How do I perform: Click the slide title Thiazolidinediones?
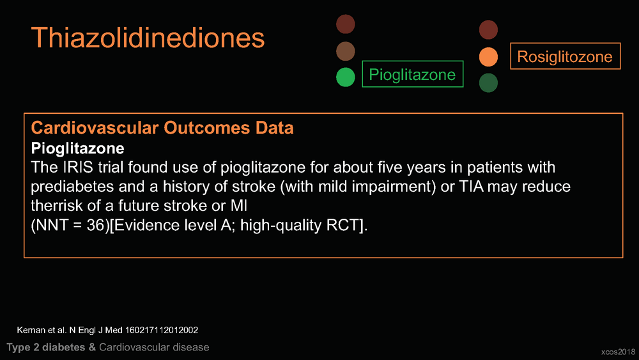148,38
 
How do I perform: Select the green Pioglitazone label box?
412,62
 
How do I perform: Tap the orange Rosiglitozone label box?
566,43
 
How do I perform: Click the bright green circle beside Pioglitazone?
346,77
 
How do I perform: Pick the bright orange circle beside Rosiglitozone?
488,57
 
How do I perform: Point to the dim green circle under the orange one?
488,82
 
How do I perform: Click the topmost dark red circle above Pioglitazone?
346,24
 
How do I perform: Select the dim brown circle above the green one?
346,51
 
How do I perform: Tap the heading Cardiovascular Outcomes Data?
162,128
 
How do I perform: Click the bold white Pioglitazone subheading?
77,148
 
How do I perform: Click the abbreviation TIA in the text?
472,186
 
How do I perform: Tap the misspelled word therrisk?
57,205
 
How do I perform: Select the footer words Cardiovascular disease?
154,347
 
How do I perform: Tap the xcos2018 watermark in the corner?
618,352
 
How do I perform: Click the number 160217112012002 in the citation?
162,330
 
